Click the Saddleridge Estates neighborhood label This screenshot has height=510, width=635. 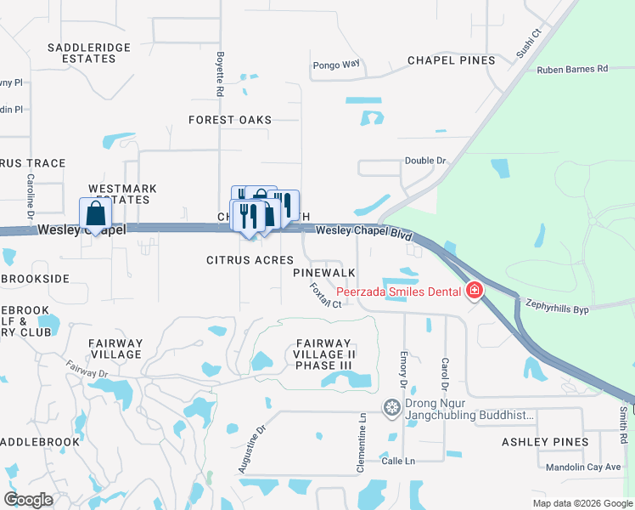pyautogui.click(x=81, y=53)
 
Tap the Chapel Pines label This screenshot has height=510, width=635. pyautogui.click(x=451, y=60)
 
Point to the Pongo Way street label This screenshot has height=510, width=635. pyautogui.click(x=336, y=64)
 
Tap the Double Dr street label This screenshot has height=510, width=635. pyautogui.click(x=425, y=160)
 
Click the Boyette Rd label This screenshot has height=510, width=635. pyautogui.click(x=220, y=73)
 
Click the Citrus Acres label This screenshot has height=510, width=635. pyautogui.click(x=250, y=260)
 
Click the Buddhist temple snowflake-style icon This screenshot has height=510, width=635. pyautogui.click(x=391, y=409)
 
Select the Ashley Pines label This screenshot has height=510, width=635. pyautogui.click(x=545, y=442)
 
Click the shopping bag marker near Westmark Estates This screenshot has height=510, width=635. pyautogui.click(x=94, y=212)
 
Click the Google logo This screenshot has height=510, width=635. pyautogui.click(x=29, y=500)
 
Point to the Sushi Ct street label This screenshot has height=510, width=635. pyautogui.click(x=529, y=43)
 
